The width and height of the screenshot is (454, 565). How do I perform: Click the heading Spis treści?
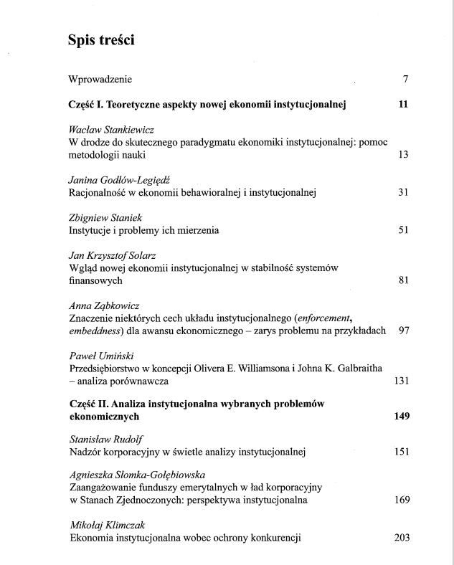click(x=102, y=41)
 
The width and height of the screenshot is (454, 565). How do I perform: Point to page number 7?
click(x=405, y=78)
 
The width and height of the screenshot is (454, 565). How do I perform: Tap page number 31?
click(x=402, y=192)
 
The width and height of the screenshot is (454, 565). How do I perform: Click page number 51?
click(x=402, y=230)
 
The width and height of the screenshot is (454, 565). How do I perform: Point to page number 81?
click(x=402, y=280)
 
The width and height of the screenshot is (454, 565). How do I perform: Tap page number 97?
click(x=402, y=331)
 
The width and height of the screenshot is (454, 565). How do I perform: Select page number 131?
click(x=401, y=381)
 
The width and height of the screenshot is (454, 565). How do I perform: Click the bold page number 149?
click(x=401, y=416)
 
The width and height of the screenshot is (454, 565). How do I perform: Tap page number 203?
click(x=401, y=538)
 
